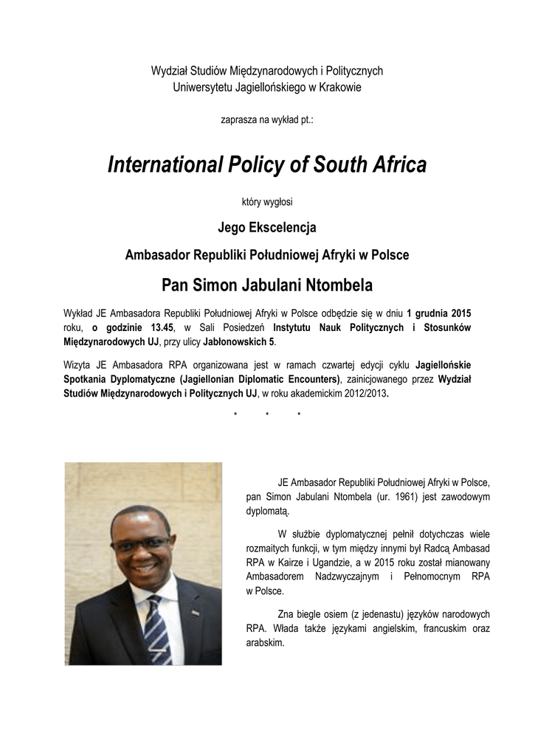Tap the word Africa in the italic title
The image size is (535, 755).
398,165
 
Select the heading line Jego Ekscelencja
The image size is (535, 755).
267,228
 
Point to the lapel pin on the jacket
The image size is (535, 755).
196,611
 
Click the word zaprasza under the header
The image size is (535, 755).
238,118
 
